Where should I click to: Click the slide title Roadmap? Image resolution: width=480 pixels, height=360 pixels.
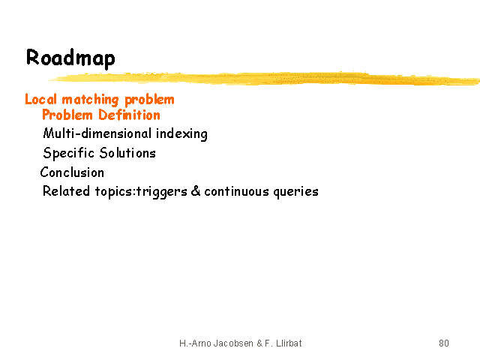tap(70, 58)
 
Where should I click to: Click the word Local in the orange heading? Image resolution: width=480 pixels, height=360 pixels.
tap(41, 99)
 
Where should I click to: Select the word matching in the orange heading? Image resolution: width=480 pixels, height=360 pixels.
tap(90, 100)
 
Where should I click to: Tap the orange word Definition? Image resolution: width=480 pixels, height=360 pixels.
tap(129, 115)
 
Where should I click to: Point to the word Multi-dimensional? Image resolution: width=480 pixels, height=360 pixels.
tap(97, 133)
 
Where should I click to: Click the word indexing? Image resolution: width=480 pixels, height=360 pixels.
tap(181, 134)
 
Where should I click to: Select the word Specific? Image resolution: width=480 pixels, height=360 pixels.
tap(68, 153)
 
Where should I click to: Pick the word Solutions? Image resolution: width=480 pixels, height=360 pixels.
tap(127, 153)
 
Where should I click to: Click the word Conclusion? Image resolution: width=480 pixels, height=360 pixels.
tap(72, 172)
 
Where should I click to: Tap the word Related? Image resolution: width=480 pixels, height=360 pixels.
tap(66, 191)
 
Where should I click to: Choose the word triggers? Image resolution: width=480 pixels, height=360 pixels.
tap(161, 192)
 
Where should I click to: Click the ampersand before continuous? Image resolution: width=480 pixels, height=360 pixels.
tap(196, 191)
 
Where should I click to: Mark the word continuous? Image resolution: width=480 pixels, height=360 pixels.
tap(237, 192)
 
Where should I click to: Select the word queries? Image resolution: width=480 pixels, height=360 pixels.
tap(295, 192)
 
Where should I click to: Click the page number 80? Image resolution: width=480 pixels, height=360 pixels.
tap(444, 343)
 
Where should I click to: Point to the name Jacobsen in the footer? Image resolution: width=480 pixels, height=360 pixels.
tap(233, 343)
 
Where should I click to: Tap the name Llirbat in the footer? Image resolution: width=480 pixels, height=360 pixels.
tap(289, 343)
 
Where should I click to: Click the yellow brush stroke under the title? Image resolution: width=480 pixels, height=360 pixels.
tap(263, 78)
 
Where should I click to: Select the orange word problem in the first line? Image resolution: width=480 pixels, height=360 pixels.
tap(149, 100)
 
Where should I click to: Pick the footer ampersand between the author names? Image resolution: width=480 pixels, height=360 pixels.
tap(259, 343)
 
